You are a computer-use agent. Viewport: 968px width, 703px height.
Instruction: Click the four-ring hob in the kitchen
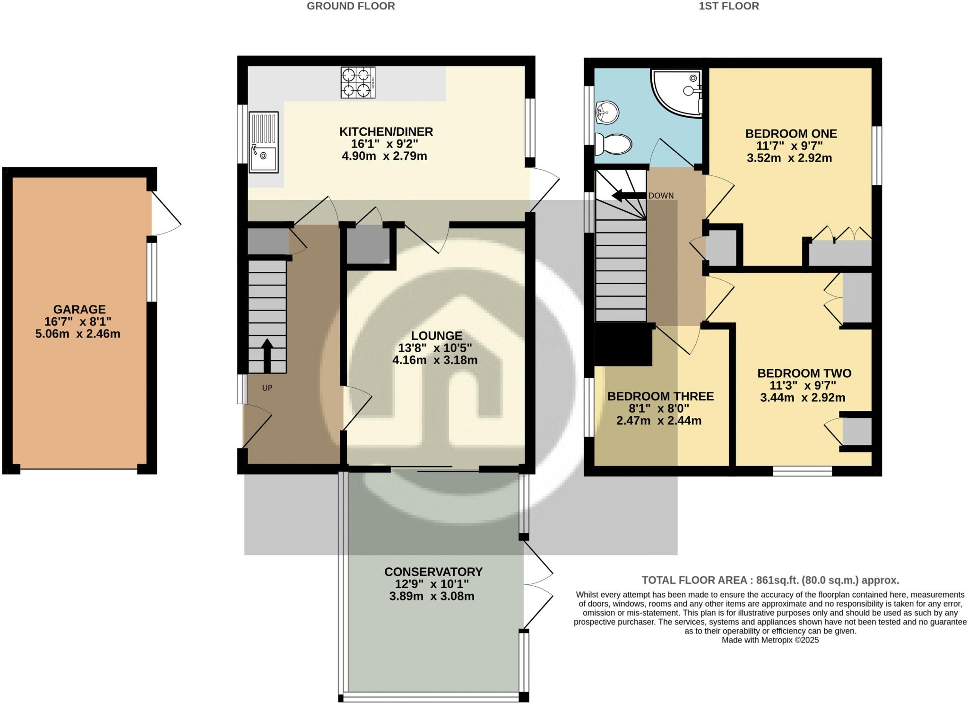(x=358, y=82)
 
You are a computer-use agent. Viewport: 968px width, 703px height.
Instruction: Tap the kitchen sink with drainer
(x=263, y=142)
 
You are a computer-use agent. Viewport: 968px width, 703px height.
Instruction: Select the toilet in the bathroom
(x=613, y=143)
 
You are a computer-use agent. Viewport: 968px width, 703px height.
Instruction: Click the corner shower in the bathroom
(x=676, y=92)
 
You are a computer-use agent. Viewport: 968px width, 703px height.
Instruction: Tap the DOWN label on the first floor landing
(x=661, y=196)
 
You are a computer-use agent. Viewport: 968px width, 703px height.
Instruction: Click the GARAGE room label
(x=79, y=309)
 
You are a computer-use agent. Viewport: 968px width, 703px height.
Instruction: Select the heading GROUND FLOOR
(x=351, y=6)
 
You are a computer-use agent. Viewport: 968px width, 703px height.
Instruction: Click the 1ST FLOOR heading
(x=729, y=6)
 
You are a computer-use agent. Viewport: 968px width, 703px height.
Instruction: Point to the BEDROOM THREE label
(x=660, y=396)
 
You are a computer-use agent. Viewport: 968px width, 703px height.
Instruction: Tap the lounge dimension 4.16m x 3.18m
(x=435, y=360)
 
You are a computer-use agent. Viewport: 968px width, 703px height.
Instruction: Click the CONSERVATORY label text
(x=433, y=572)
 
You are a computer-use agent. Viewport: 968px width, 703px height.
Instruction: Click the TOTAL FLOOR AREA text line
(x=770, y=580)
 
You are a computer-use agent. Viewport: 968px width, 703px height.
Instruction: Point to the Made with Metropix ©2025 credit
(x=770, y=640)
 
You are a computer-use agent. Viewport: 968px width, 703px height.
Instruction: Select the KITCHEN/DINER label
(x=386, y=131)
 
